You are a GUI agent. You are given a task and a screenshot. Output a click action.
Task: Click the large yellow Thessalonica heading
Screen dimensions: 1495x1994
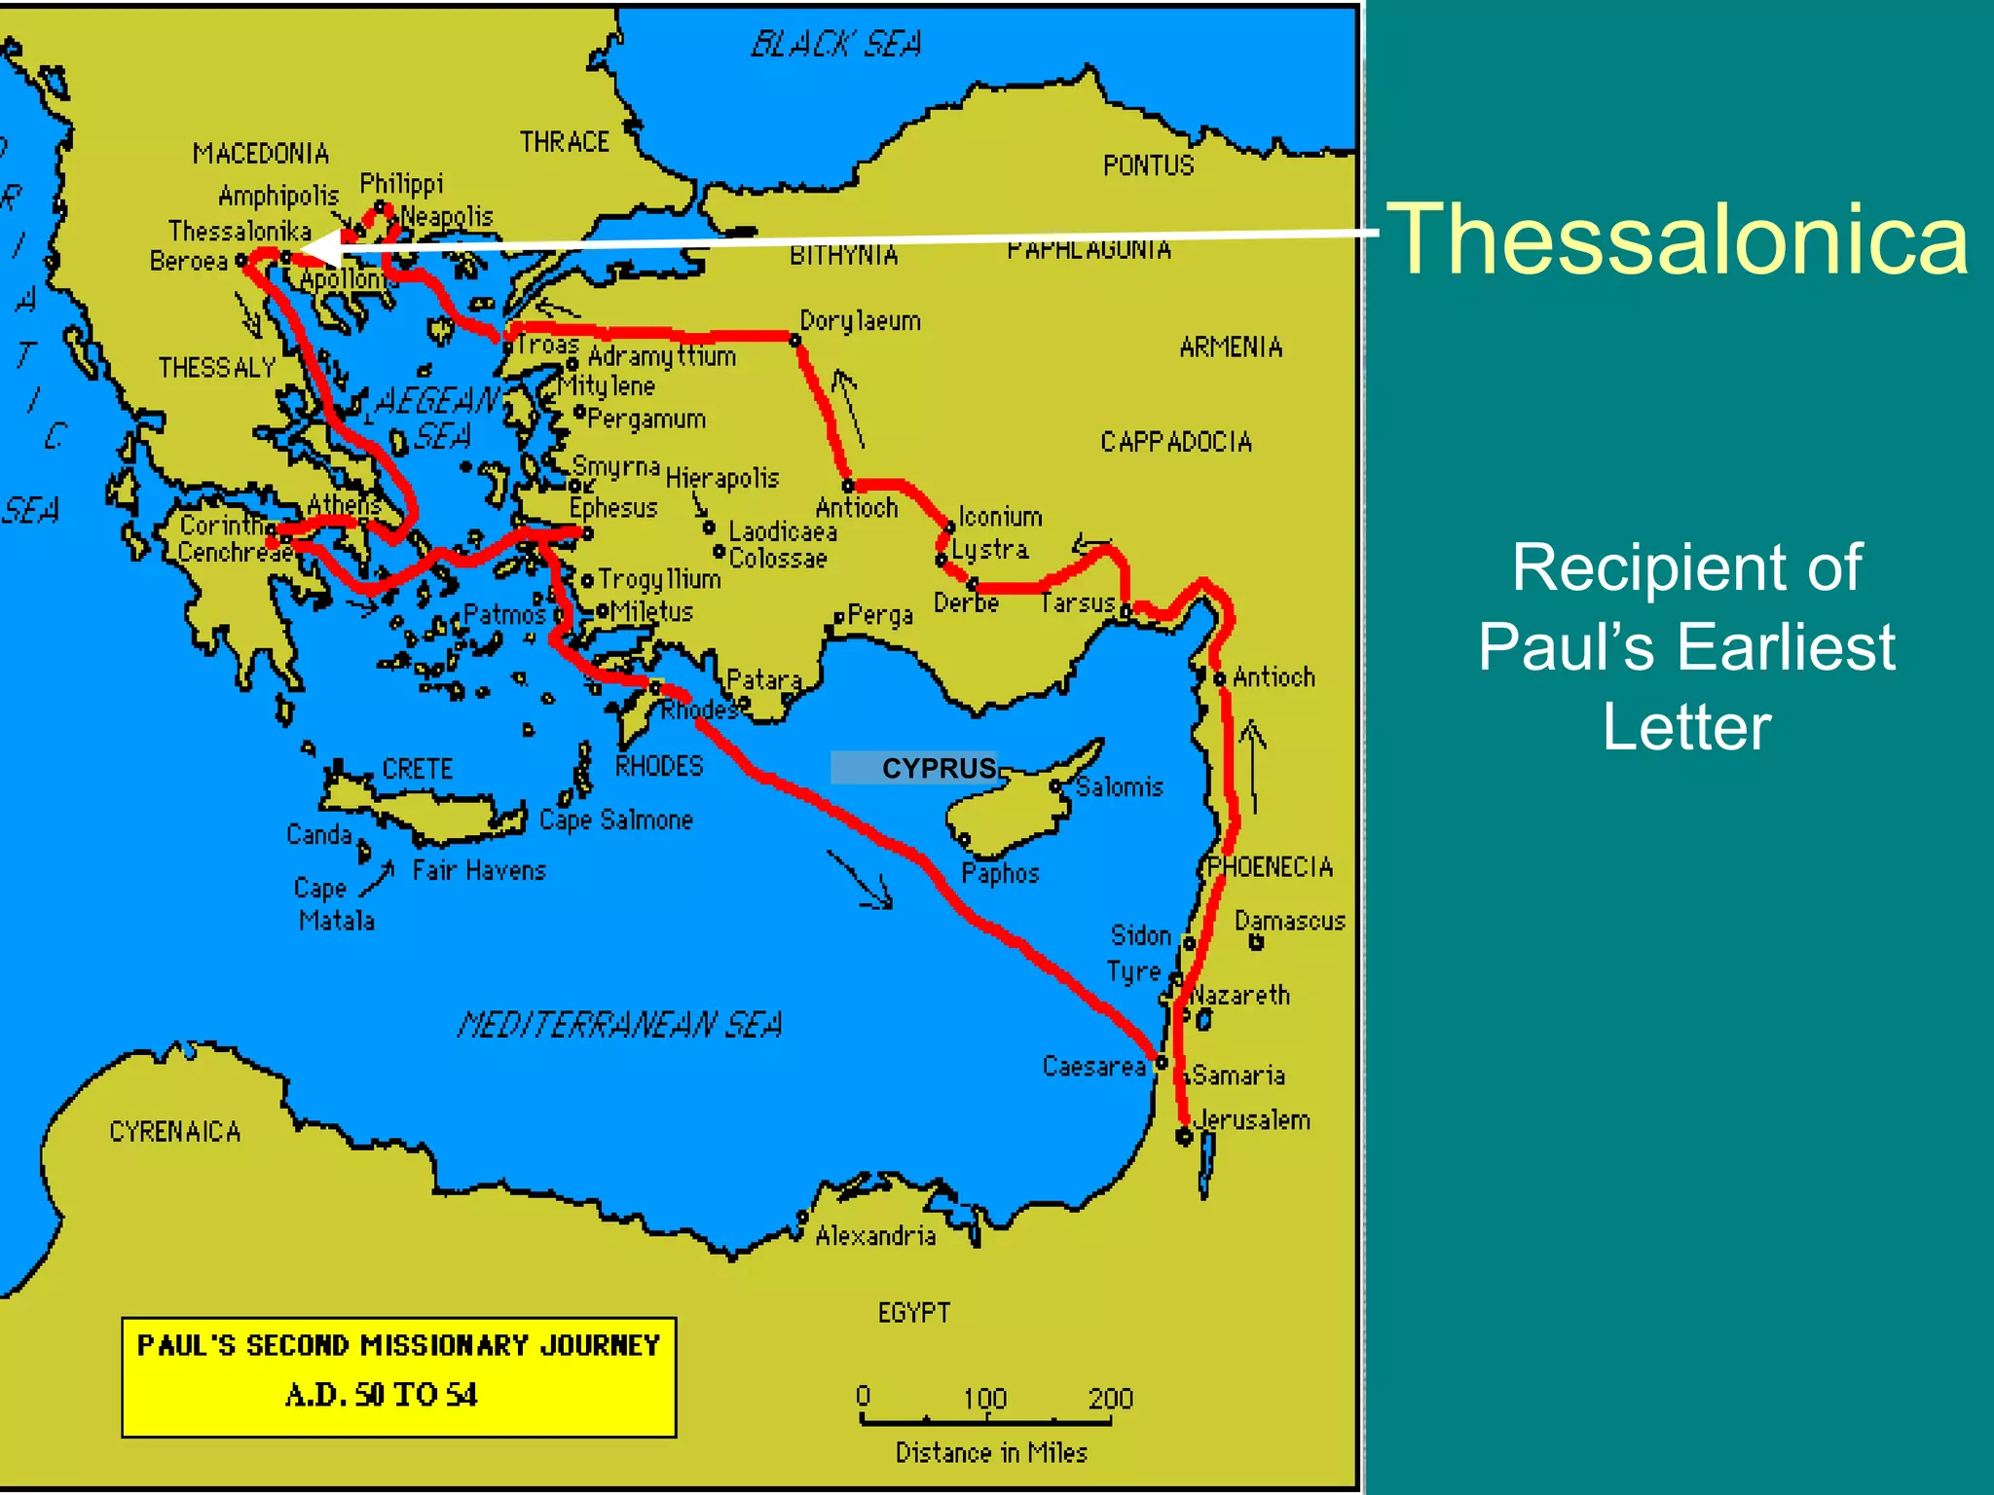point(1677,239)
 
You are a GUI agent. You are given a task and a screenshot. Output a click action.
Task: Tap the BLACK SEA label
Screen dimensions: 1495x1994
point(835,44)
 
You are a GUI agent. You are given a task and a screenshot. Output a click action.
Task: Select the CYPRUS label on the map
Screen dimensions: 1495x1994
point(939,769)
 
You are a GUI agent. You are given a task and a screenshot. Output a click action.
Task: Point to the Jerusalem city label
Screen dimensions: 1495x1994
point(1252,1120)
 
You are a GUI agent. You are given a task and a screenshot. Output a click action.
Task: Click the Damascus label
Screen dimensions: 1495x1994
point(1289,921)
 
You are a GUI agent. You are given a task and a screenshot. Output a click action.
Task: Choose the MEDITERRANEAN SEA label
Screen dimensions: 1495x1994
point(620,1024)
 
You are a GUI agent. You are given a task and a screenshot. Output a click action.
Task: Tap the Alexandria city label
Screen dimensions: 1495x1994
point(874,1236)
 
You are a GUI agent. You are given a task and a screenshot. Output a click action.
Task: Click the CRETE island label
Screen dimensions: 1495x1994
point(417,769)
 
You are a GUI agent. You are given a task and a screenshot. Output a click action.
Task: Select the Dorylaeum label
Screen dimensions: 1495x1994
point(860,320)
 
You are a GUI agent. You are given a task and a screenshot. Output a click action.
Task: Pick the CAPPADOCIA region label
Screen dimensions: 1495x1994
point(1175,442)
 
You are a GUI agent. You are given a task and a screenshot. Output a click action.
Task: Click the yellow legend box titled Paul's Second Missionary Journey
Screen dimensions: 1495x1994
point(398,1376)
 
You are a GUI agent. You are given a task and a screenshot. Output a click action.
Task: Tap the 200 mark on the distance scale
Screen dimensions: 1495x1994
point(1110,1399)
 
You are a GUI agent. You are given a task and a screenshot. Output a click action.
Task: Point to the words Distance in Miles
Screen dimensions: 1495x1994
point(990,1452)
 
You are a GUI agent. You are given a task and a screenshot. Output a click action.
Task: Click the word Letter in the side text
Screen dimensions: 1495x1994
point(1686,727)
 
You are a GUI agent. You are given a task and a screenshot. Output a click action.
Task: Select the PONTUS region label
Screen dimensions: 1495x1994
point(1148,165)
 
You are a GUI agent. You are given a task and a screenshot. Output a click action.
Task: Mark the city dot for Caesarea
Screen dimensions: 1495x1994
point(1162,1063)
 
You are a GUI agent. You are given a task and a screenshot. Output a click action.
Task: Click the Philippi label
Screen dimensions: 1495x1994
point(401,183)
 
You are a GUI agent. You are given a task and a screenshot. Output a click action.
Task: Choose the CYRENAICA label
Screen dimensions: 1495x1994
point(174,1131)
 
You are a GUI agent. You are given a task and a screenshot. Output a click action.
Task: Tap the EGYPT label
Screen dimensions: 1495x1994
point(913,1313)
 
